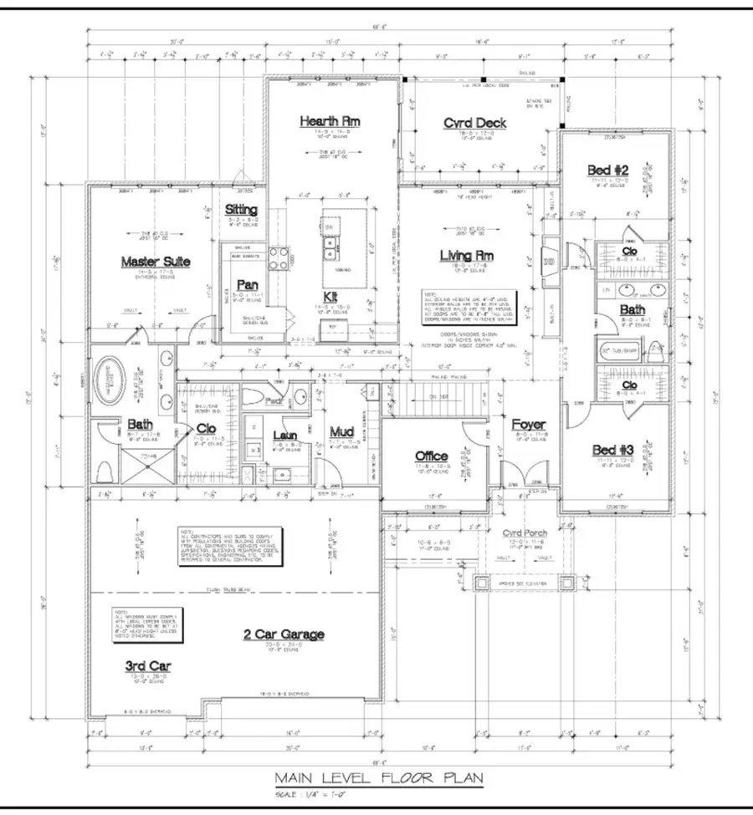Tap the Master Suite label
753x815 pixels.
[156, 262]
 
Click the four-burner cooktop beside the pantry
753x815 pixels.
[279, 254]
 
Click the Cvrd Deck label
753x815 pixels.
[474, 123]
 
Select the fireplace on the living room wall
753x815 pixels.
[548, 261]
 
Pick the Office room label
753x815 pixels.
[433, 456]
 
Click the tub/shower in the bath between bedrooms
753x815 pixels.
[620, 351]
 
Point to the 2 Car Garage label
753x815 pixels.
[282, 634]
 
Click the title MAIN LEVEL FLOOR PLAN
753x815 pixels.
[378, 777]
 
